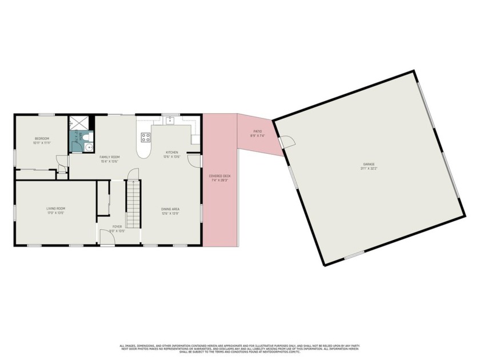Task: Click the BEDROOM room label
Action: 42,138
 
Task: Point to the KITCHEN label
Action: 171,152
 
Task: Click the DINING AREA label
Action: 170,209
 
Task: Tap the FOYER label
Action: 117,227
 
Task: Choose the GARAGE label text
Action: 367,165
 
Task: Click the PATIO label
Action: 258,131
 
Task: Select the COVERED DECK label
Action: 219,176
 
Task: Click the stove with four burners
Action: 146,137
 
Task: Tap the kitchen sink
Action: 170,121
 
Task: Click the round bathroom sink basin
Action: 87,147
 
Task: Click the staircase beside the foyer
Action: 133,203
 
